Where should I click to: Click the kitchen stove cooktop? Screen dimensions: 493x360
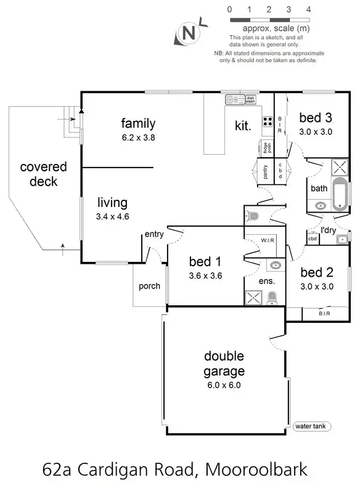point(268,121)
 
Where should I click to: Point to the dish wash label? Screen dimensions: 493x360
point(250,99)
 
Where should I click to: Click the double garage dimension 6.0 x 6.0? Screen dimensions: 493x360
point(224,385)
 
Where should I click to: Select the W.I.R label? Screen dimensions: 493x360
point(268,239)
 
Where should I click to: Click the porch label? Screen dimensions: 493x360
point(149,286)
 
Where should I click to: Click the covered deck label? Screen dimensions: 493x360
point(43,174)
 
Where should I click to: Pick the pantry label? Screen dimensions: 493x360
point(266,170)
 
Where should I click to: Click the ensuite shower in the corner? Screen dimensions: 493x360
point(253,298)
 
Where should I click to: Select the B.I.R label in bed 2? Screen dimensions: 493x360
point(324,314)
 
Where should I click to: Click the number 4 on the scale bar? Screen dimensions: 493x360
point(308,9)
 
